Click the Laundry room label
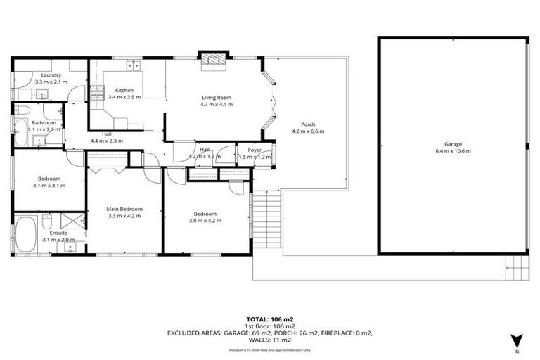[51, 75]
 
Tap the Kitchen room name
[124, 90]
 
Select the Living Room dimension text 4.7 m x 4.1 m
[217, 104]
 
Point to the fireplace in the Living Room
[210, 61]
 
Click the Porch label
[307, 124]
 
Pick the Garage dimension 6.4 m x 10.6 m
[453, 150]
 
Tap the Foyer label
[254, 150]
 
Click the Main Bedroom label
[124, 209]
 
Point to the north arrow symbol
[517, 339]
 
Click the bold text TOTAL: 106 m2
[269, 319]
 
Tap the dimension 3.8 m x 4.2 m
[205, 221]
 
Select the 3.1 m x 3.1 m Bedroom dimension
[49, 186]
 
